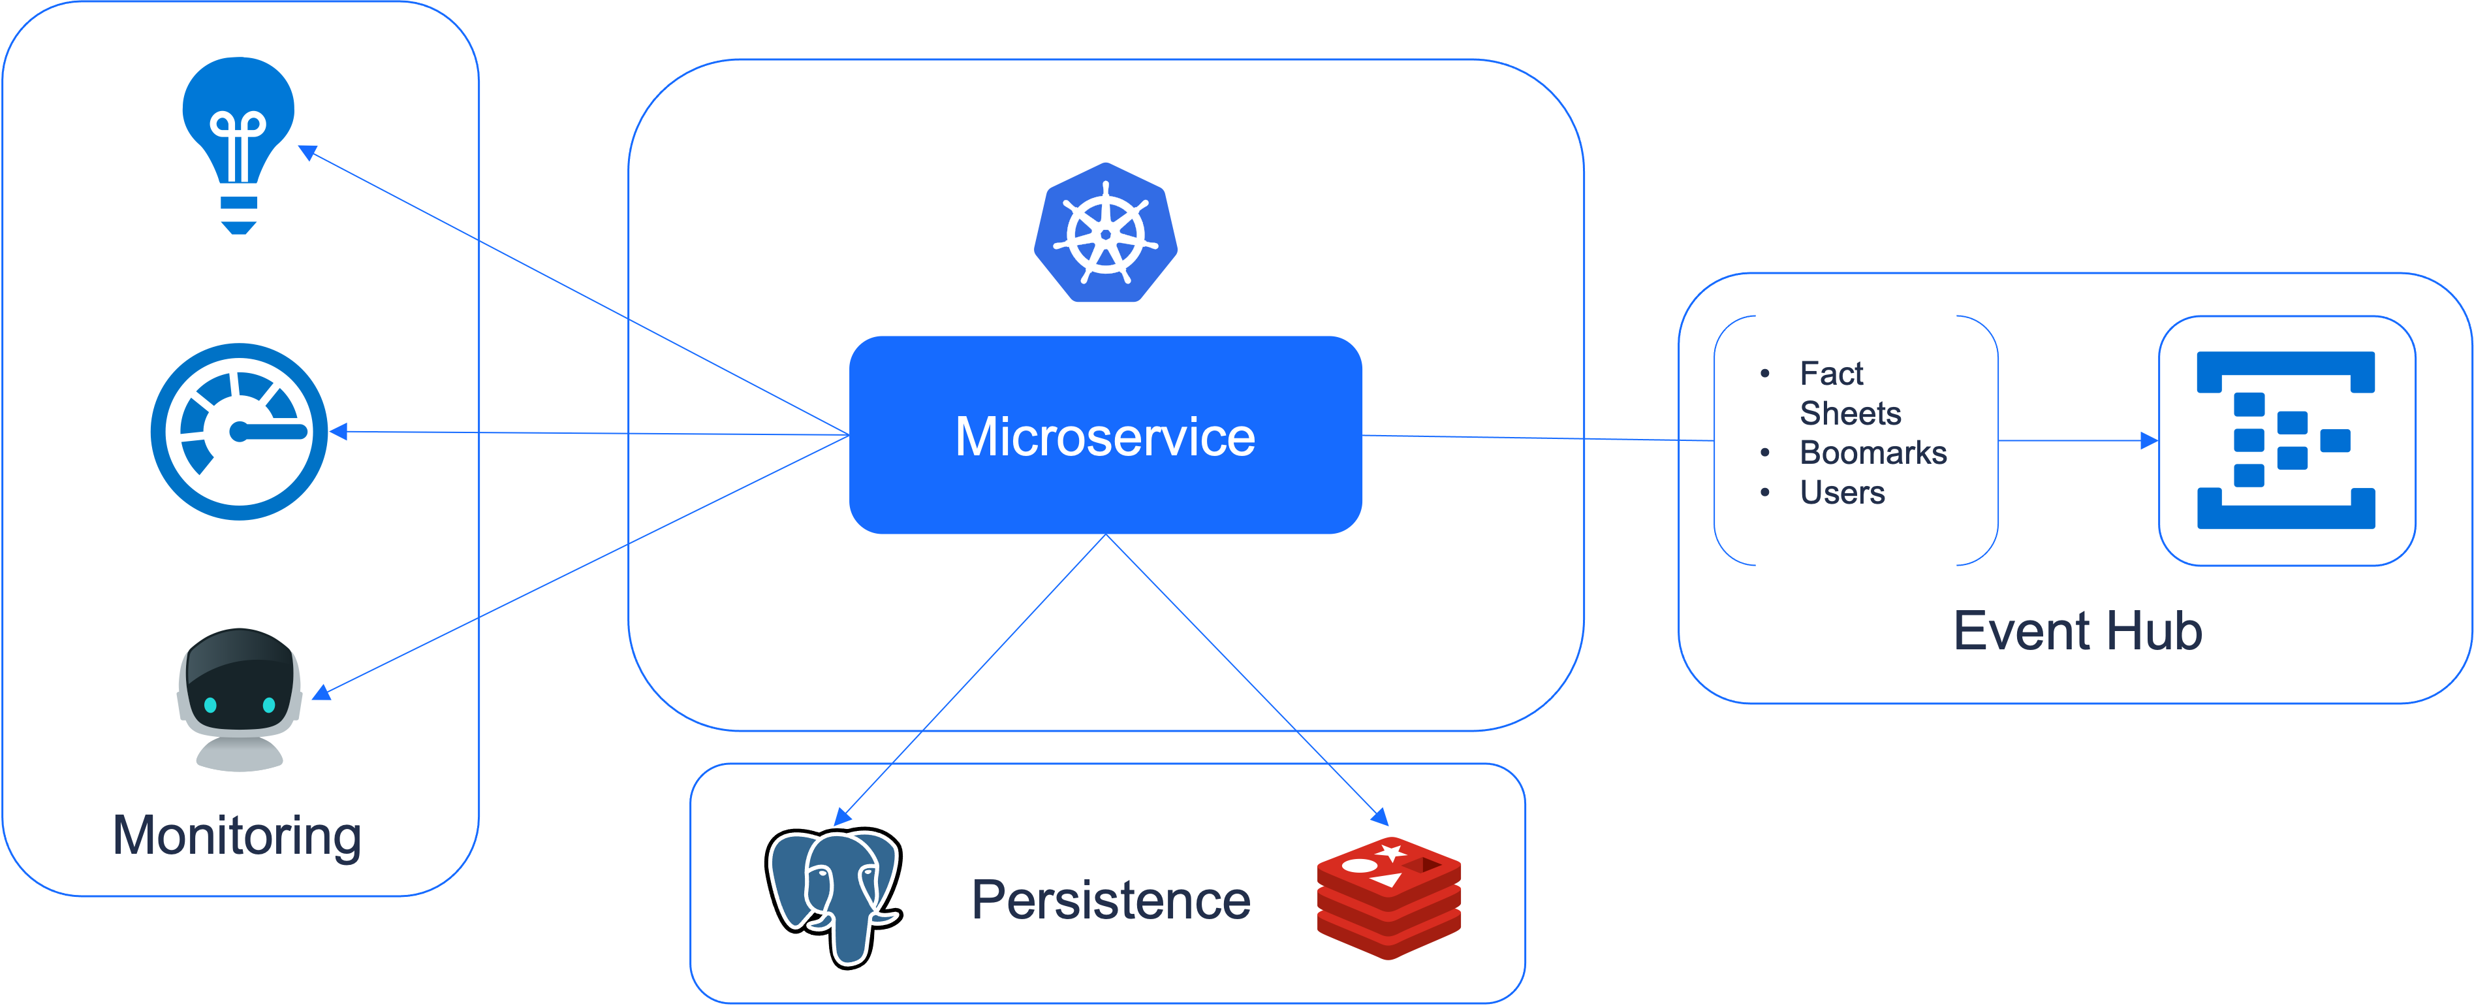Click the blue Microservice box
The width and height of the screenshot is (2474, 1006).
[x=1105, y=434]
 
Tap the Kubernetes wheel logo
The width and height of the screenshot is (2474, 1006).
[x=1105, y=233]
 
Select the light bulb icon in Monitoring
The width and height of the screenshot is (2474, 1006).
[x=238, y=145]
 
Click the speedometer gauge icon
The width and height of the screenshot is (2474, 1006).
[x=239, y=431]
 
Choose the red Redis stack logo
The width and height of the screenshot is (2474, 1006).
[x=1388, y=898]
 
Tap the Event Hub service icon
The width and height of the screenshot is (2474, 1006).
[x=2286, y=440]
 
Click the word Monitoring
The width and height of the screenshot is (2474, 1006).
[x=237, y=835]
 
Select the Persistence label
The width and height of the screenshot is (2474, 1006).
[x=1111, y=900]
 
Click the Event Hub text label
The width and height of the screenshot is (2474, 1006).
[x=2077, y=631]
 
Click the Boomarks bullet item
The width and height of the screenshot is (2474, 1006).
[x=1873, y=453]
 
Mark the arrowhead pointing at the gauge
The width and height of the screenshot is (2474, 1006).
[x=338, y=431]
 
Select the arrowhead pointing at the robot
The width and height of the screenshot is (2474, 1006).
[x=322, y=692]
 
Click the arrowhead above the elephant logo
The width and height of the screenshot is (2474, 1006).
[x=842, y=816]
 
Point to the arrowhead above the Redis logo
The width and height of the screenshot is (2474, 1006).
[x=1380, y=817]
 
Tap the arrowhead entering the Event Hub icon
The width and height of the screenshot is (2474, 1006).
[x=2150, y=441]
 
